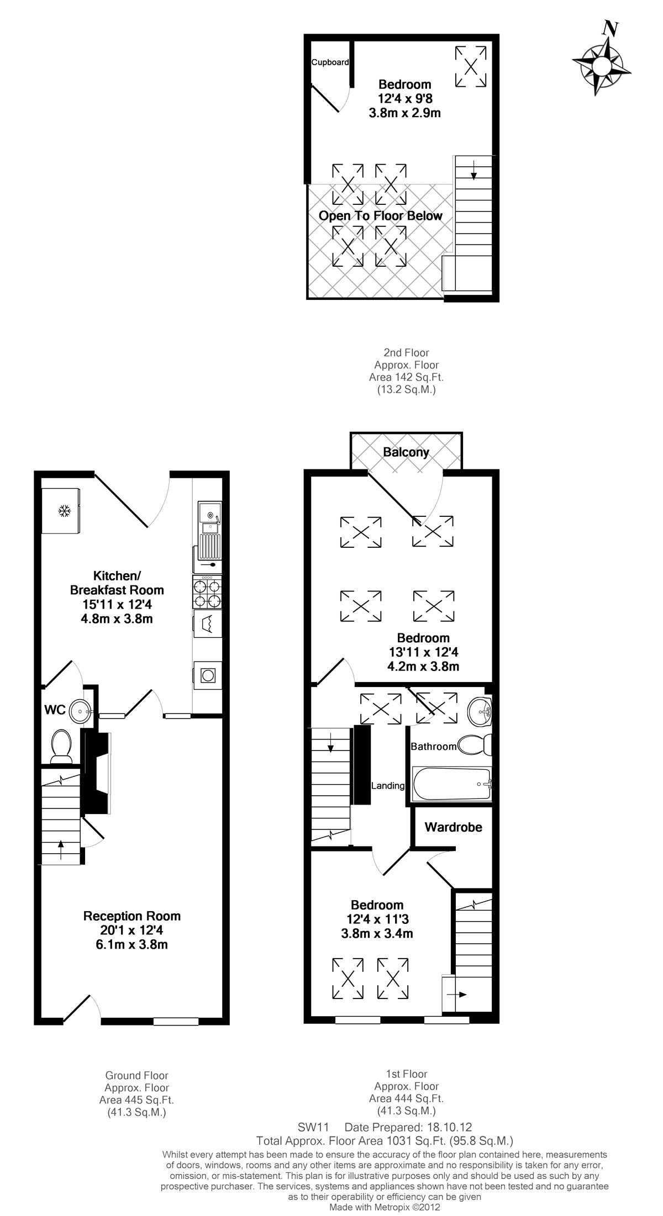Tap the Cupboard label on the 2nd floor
tap(330, 62)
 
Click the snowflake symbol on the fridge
tap(65, 511)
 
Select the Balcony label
tap(406, 452)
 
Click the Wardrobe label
tap(453, 827)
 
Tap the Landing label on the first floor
tap(388, 785)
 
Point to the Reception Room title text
tap(132, 916)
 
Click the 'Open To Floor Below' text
tap(381, 215)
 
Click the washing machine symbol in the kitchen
tap(208, 623)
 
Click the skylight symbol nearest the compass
tap(471, 66)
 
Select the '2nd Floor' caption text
tap(406, 352)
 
